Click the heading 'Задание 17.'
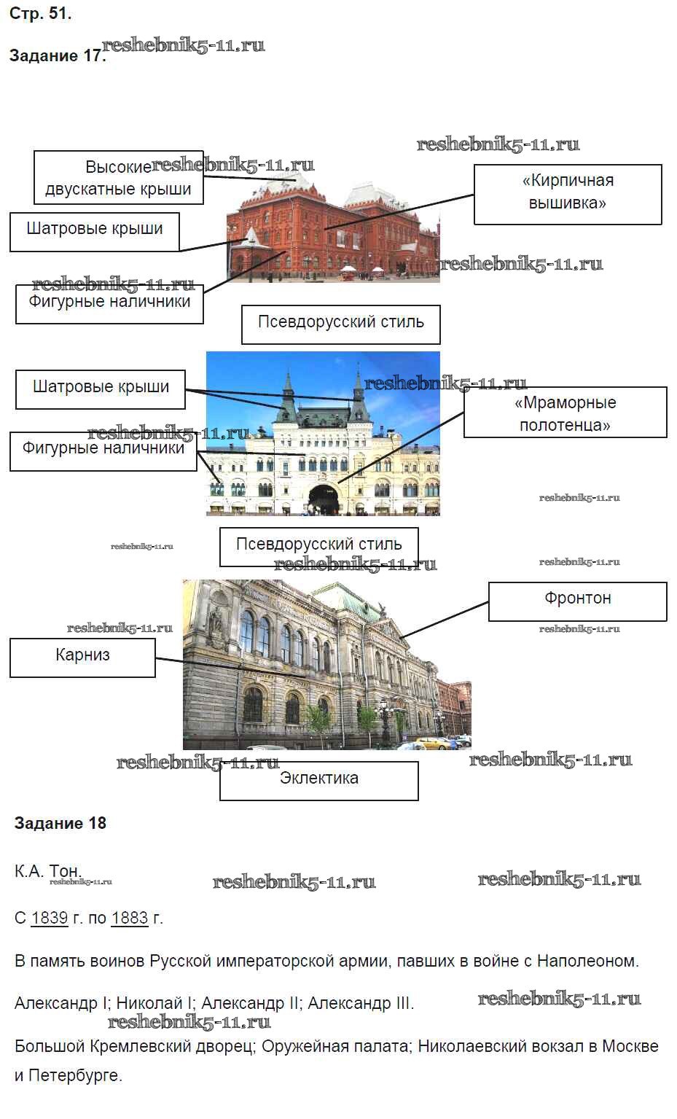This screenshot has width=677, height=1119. click(57, 56)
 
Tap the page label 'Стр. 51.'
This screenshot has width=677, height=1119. click(40, 14)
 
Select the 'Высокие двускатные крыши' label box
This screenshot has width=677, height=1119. click(118, 178)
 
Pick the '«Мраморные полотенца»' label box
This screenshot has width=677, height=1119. click(565, 413)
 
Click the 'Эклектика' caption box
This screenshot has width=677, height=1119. click(319, 780)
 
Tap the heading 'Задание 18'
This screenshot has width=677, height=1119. click(60, 824)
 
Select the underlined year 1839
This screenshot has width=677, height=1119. click(50, 919)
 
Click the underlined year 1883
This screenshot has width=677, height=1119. click(130, 919)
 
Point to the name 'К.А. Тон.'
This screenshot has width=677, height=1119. click(47, 872)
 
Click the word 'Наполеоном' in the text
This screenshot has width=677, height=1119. click(587, 962)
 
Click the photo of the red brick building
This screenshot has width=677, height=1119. click(332, 226)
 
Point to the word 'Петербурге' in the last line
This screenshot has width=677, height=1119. click(75, 1076)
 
